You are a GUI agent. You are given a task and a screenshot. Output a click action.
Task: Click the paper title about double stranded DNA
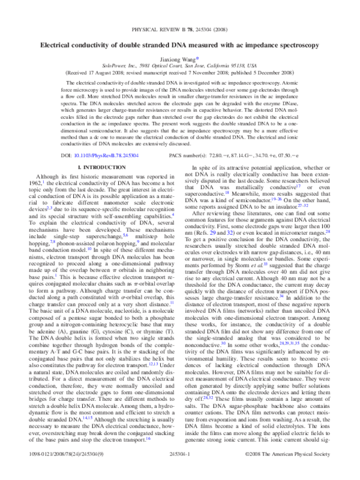(180, 44)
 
